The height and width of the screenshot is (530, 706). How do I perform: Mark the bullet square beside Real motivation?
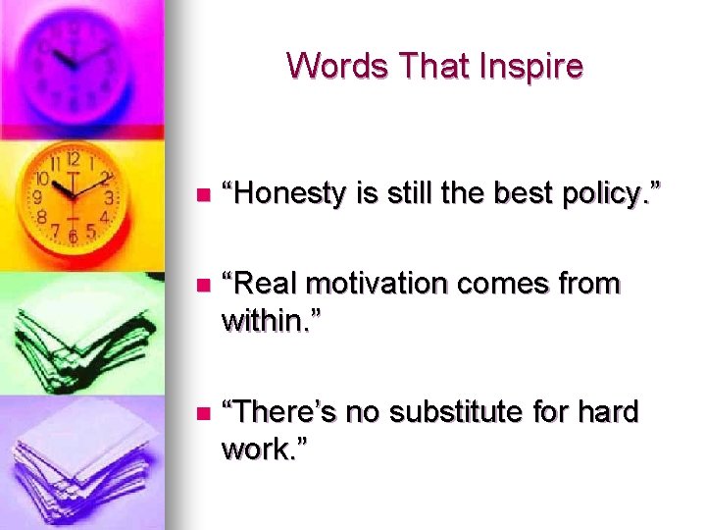pyautogui.click(x=203, y=286)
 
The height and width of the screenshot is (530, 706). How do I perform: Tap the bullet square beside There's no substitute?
pyautogui.click(x=203, y=413)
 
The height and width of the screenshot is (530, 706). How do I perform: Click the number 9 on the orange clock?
pyautogui.click(x=38, y=197)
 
